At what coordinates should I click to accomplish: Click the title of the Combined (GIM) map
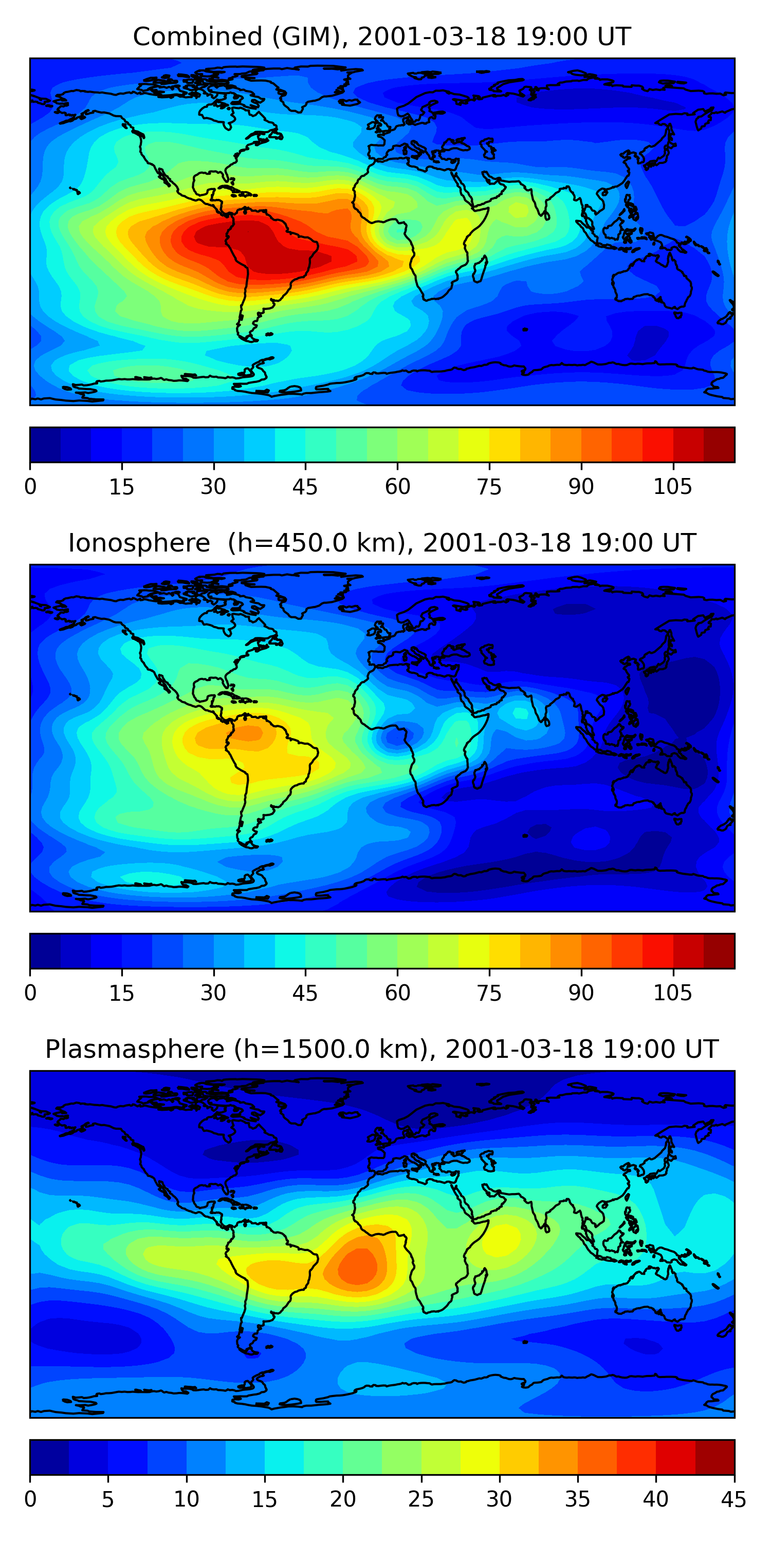[382, 36]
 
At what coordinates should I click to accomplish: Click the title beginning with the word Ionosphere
[382, 543]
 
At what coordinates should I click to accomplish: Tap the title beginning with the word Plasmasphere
[382, 1050]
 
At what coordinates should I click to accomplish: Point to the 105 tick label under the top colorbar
[672, 487]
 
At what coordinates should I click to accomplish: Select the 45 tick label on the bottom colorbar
[734, 1499]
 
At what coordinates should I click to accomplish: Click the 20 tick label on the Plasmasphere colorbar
[343, 1499]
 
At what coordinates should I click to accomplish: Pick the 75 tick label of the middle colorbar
[489, 993]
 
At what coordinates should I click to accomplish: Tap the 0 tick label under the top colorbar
[30, 487]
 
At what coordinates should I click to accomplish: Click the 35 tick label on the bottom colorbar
[578, 1499]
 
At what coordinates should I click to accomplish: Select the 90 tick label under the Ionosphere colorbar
[581, 993]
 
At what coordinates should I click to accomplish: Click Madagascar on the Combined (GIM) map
[480, 269]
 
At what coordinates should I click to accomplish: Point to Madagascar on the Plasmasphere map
[480, 1281]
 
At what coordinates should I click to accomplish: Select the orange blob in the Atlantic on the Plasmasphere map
[358, 1266]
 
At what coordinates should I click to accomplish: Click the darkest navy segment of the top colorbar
[46, 445]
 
